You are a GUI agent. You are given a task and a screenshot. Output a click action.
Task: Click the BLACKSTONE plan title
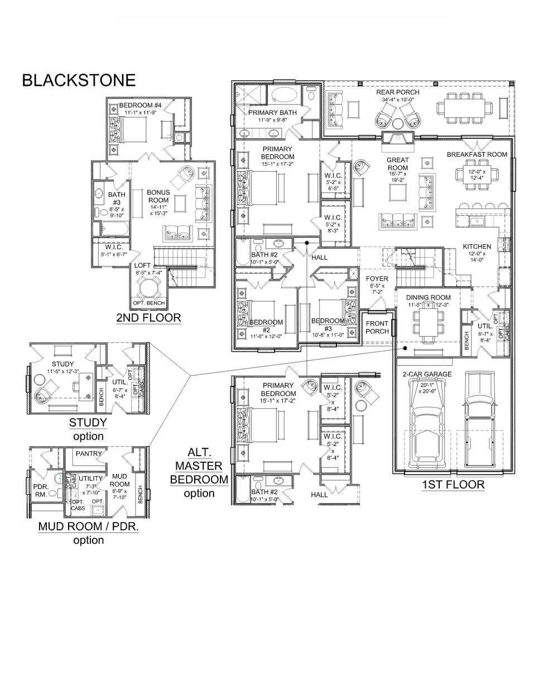point(79,80)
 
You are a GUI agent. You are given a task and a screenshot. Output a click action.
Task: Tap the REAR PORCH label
point(397,92)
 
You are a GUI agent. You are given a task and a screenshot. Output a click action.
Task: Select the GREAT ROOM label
point(397,163)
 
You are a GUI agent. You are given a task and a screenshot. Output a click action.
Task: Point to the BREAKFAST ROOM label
point(477,154)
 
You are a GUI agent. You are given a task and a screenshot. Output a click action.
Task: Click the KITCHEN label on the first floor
point(477,246)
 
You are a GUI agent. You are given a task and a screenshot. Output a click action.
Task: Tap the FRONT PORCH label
point(377,327)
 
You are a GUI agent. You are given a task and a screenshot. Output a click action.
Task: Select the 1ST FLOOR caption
point(453,485)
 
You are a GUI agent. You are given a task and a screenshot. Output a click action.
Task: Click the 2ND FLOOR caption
point(148,318)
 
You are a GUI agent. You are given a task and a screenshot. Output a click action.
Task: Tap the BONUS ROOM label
point(158,196)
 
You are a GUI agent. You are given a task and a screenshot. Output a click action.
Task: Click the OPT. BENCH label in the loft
point(148,303)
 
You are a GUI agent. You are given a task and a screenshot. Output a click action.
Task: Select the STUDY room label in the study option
point(62,348)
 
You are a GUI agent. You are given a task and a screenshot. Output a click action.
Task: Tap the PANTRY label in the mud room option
point(88,453)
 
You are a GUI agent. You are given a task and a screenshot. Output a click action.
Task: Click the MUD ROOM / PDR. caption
point(88,526)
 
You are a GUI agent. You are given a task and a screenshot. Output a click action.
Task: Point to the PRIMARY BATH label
point(272,113)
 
